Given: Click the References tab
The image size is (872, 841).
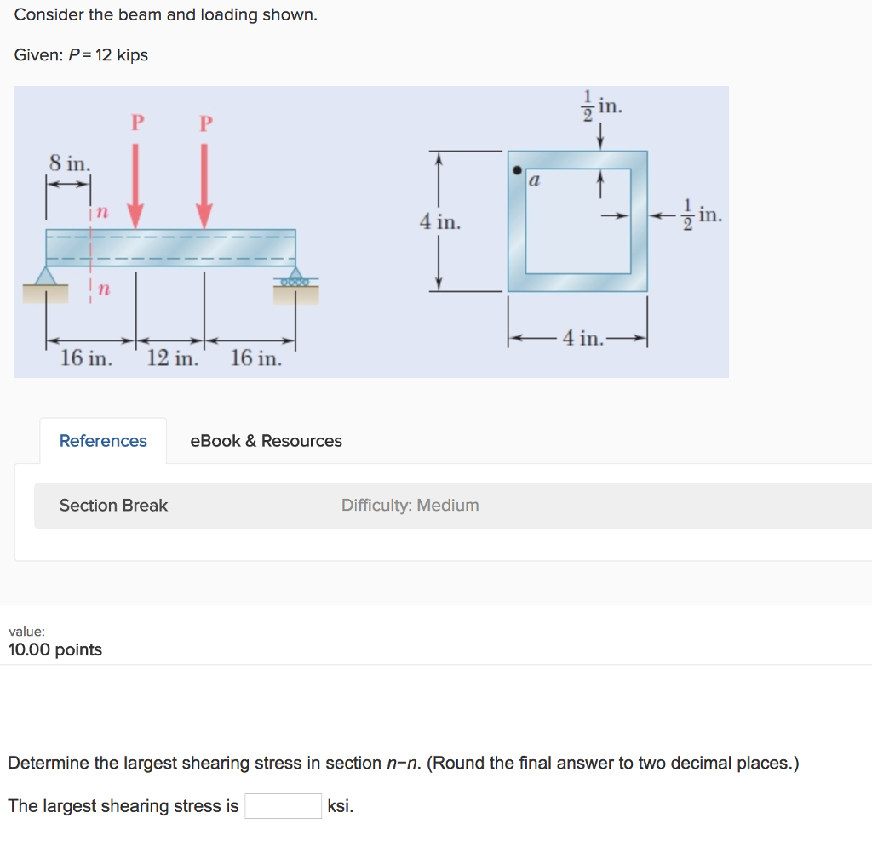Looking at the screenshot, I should tap(103, 441).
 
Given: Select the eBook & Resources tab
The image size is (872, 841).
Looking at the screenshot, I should tap(266, 441).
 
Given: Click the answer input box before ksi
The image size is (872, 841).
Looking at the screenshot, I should tap(283, 806).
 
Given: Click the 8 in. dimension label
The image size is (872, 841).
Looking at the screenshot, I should tap(69, 162).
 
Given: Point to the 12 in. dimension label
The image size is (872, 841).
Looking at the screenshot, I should tap(172, 358).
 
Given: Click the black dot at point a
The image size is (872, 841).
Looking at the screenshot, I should tap(517, 170).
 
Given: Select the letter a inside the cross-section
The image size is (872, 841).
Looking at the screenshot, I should tap(535, 180).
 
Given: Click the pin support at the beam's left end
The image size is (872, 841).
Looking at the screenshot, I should tap(46, 277).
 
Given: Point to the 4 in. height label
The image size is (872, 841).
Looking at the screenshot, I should tap(439, 223).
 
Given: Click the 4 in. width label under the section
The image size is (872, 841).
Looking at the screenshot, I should tap(582, 339).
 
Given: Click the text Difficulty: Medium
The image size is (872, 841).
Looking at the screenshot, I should tap(410, 506).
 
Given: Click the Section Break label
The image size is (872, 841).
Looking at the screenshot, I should tap(113, 506).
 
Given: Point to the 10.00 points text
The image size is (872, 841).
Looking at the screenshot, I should tap(55, 650).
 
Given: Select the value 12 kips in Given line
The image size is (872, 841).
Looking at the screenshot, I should tap(121, 55).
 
